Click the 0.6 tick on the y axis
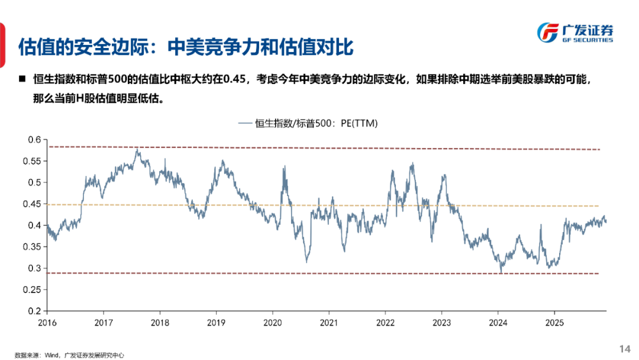point(35,140)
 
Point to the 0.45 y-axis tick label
point(33,204)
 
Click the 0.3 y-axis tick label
point(35,268)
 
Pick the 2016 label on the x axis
point(47,322)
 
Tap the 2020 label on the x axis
point(272,322)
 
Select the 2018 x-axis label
point(160,322)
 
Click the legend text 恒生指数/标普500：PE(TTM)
point(316,124)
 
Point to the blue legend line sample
point(245,124)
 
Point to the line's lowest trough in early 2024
point(501,272)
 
